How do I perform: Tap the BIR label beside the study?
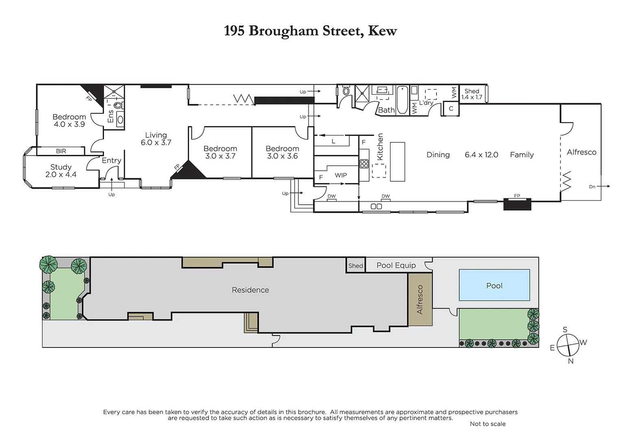click(x=61, y=151)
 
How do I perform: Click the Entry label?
click(x=111, y=161)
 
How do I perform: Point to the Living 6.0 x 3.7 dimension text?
click(x=156, y=143)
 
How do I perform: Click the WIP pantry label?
click(x=341, y=175)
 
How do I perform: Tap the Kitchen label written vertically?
click(x=380, y=147)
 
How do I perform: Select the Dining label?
click(x=438, y=155)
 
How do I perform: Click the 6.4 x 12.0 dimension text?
click(x=481, y=155)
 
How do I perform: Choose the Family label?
click(x=521, y=155)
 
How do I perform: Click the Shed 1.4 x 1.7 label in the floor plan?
click(x=471, y=94)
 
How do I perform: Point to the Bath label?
click(x=386, y=110)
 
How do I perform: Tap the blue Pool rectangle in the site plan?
click(x=494, y=285)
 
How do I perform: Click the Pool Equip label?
click(x=396, y=265)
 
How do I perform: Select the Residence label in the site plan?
click(x=250, y=290)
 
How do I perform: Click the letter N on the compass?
click(x=571, y=361)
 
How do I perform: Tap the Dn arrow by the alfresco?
click(x=599, y=187)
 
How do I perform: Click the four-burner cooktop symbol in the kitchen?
click(x=364, y=164)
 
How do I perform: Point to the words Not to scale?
click(x=487, y=424)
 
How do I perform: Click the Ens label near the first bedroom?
click(x=111, y=116)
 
